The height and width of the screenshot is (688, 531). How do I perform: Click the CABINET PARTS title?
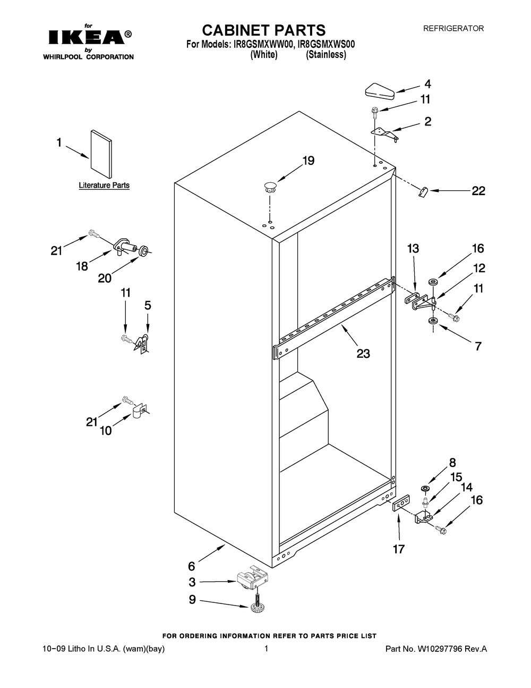pyautogui.click(x=256, y=30)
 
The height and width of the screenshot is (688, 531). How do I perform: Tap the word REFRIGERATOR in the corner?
pyautogui.click(x=453, y=29)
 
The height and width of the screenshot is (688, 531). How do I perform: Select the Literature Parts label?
pyautogui.click(x=104, y=186)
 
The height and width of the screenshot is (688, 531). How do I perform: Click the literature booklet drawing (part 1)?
pyautogui.click(x=101, y=154)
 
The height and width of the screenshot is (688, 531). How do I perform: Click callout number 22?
pyautogui.click(x=478, y=191)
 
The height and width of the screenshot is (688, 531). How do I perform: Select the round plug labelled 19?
pyautogui.click(x=270, y=187)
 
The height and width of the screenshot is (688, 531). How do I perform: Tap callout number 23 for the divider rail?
pyautogui.click(x=363, y=353)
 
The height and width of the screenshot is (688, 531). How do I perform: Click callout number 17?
pyautogui.click(x=398, y=549)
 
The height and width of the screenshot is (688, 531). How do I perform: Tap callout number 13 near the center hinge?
pyautogui.click(x=413, y=248)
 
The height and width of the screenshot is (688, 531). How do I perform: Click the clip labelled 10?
pyautogui.click(x=139, y=411)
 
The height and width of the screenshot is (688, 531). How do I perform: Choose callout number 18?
pyautogui.click(x=82, y=266)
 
